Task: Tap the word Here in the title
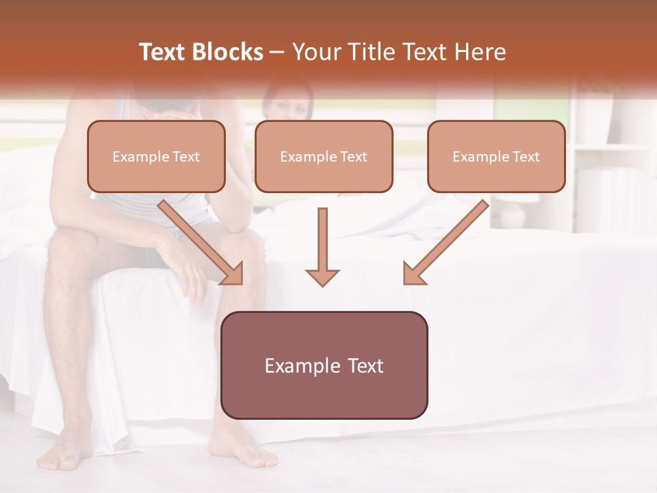click(479, 52)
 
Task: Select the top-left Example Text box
click(156, 157)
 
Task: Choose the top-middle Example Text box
click(324, 157)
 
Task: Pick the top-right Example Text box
click(496, 157)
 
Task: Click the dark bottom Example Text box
click(324, 366)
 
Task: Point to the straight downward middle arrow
click(322, 246)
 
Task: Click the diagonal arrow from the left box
click(202, 243)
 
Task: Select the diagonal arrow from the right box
click(445, 243)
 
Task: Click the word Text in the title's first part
click(163, 52)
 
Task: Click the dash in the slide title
click(277, 52)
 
